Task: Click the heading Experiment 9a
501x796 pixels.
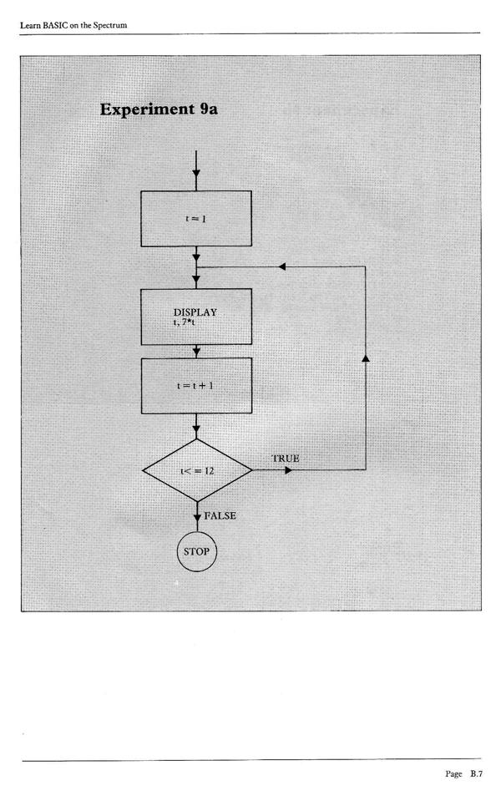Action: coord(159,109)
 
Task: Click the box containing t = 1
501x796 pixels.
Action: coord(196,218)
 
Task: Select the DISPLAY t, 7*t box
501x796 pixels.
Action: coord(196,317)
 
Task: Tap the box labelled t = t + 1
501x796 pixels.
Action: coord(196,385)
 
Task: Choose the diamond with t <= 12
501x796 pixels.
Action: coord(197,470)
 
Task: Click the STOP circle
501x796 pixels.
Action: coord(197,551)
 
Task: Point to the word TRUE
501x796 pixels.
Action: coord(285,459)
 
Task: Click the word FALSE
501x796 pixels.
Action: coord(220,515)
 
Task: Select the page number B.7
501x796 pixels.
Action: coord(476,773)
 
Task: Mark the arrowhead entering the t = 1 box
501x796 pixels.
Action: coord(196,175)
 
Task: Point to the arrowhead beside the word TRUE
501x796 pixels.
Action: coord(288,470)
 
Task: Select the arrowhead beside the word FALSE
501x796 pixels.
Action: coord(197,518)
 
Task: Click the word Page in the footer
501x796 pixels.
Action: coord(453,773)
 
